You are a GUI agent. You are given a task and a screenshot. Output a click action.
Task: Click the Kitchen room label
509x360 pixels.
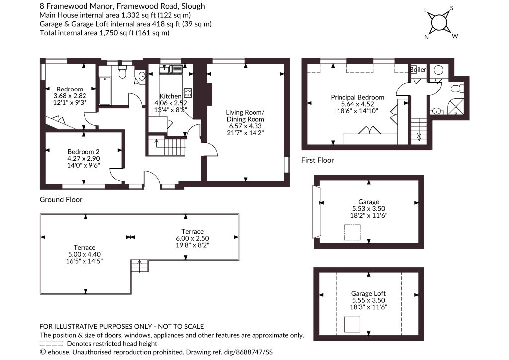tap(170, 96)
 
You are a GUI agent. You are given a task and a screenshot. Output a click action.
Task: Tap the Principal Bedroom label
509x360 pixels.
tap(357, 97)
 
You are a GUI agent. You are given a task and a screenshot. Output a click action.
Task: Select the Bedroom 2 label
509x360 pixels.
tap(84, 152)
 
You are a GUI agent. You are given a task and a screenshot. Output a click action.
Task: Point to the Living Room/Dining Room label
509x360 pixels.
tap(245, 116)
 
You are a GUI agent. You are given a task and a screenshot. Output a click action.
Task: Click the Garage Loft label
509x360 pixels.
tap(368, 293)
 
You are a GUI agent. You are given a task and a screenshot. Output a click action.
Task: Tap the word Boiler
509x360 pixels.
tap(418, 69)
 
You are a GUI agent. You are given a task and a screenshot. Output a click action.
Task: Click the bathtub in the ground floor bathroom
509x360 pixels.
tap(105, 91)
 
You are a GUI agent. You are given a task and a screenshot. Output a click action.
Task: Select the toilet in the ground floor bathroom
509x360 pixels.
tap(122, 72)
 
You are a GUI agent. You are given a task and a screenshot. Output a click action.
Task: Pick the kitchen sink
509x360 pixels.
tap(171, 69)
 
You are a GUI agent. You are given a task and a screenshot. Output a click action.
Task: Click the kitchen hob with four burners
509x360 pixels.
tap(187, 93)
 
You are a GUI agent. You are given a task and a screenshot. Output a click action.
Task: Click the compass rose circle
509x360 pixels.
tap(438, 22)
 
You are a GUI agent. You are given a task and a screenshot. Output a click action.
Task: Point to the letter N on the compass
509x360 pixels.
tap(427, 37)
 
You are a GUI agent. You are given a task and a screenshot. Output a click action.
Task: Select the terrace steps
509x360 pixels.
tap(140, 266)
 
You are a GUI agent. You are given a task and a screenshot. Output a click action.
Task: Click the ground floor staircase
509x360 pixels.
tap(167, 146)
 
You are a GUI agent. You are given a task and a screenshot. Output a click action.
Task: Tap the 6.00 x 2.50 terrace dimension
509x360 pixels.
tap(192, 238)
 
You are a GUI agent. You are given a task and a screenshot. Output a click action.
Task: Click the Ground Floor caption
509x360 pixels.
tap(61, 199)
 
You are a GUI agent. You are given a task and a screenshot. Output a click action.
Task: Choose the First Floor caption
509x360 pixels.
tap(318, 160)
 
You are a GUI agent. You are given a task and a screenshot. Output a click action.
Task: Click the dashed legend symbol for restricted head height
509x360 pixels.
tap(51, 344)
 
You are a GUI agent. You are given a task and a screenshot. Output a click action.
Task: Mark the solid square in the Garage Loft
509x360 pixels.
tap(352, 324)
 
